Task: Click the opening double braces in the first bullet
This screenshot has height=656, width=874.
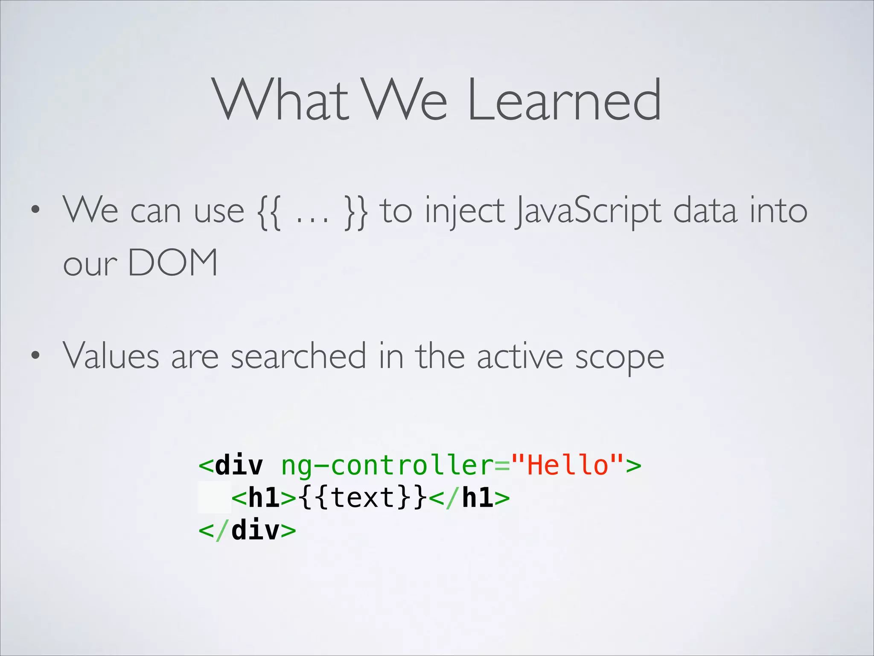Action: (x=269, y=212)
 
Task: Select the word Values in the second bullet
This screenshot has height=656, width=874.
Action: (x=111, y=355)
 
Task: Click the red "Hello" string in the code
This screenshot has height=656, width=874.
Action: (x=567, y=465)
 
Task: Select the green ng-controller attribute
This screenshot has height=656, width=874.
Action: (x=387, y=466)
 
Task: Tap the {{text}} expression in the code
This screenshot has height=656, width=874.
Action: (x=363, y=498)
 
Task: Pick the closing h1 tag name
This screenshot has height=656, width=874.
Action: (x=478, y=498)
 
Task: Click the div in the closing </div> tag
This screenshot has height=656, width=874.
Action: (x=255, y=530)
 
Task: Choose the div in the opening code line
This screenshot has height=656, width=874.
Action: (x=239, y=465)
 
